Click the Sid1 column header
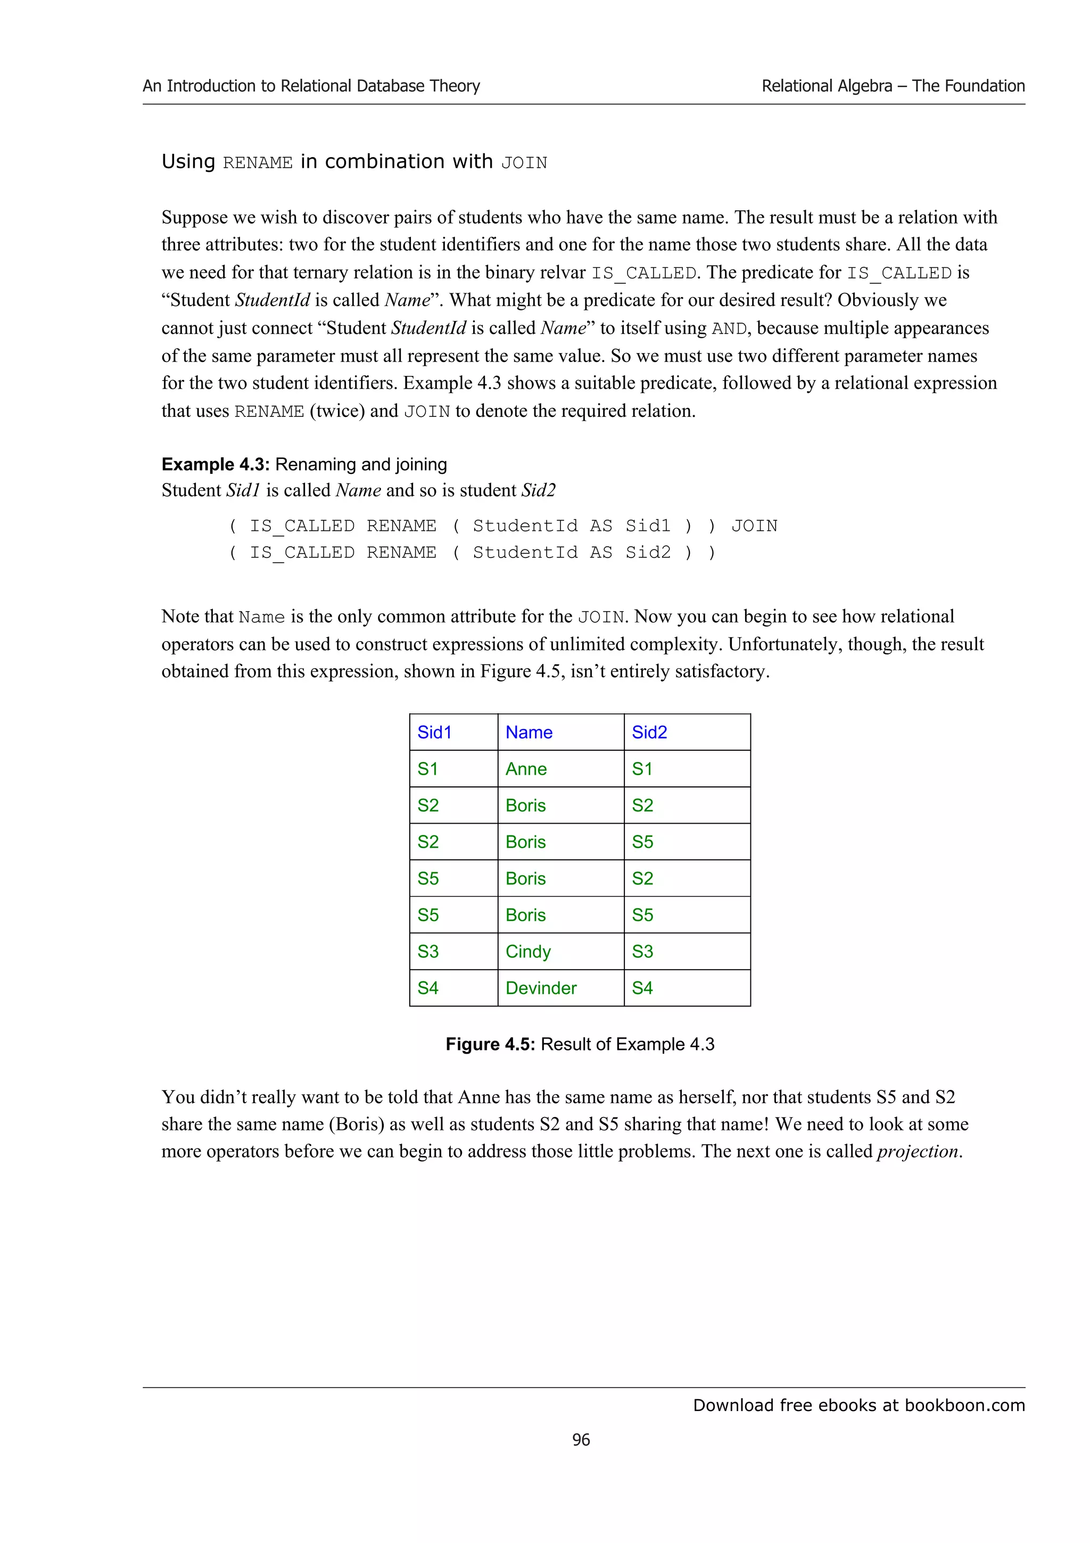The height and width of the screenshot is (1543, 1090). (x=434, y=732)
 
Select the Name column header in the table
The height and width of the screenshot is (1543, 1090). (x=529, y=732)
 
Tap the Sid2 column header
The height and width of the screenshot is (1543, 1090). (x=649, y=732)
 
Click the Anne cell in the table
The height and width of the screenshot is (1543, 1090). (x=526, y=769)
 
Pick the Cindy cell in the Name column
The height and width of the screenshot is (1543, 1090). (x=528, y=951)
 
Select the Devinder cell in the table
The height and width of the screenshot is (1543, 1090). (x=541, y=988)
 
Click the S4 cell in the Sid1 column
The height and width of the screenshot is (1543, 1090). (x=428, y=988)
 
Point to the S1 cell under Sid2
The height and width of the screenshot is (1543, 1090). (x=641, y=769)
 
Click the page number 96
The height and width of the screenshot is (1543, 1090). (x=581, y=1440)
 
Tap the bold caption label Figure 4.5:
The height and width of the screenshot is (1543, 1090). (x=490, y=1044)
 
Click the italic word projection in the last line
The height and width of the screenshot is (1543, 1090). (x=916, y=1151)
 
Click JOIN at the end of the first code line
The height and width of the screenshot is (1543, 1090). (x=754, y=526)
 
